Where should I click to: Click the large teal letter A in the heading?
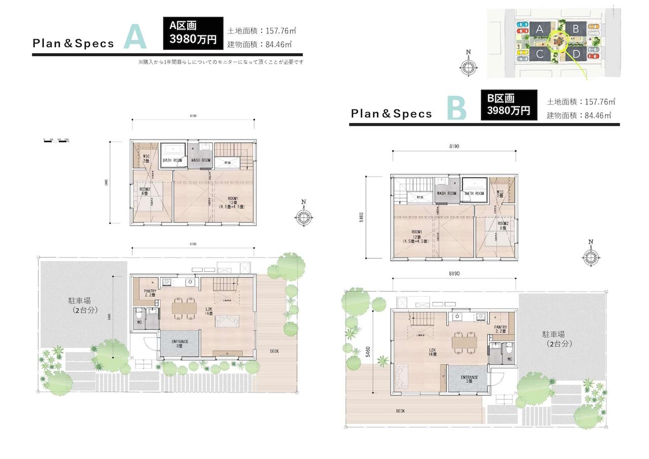pos(134,37)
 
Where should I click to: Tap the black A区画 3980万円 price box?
pos(193,32)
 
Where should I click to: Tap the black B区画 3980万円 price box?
pos(509,105)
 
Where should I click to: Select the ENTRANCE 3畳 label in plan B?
pos(469,380)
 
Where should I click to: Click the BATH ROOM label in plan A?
pos(172,161)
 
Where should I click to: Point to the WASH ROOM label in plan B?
pos(447,193)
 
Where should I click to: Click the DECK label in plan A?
pos(274,351)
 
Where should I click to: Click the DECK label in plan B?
pos(401,411)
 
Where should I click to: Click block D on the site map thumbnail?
pos(575,54)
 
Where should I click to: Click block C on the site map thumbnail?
pos(540,54)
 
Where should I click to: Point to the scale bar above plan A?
pos(56,139)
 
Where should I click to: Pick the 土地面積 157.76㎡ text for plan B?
pos(581,102)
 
